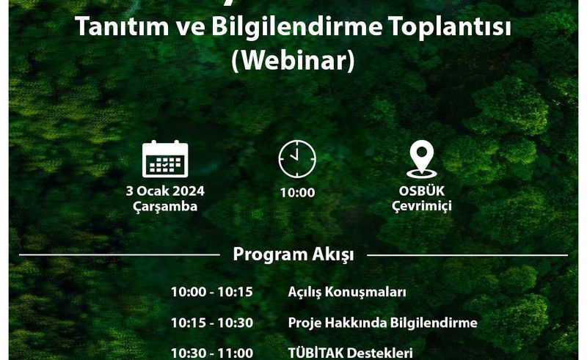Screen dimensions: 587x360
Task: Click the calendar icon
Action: point(165,158)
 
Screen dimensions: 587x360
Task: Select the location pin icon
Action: point(421,158)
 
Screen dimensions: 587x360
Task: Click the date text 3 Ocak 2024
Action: point(165,191)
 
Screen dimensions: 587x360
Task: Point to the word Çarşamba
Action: point(165,206)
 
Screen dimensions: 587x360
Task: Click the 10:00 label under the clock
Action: point(298,192)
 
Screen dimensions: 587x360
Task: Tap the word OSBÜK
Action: point(421,191)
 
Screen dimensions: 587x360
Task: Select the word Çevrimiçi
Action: point(421,206)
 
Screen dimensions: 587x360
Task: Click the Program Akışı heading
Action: point(293,254)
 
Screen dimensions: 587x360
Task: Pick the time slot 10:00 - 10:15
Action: point(212,292)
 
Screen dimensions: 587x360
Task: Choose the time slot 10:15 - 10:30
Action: point(212,323)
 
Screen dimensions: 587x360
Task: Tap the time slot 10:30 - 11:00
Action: point(212,353)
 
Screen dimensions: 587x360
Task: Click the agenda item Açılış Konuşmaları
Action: point(347,292)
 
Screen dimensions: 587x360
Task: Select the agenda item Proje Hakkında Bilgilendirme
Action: point(382,323)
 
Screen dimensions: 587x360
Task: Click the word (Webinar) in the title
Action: point(293,60)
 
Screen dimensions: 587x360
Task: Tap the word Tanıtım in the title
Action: point(122,26)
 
